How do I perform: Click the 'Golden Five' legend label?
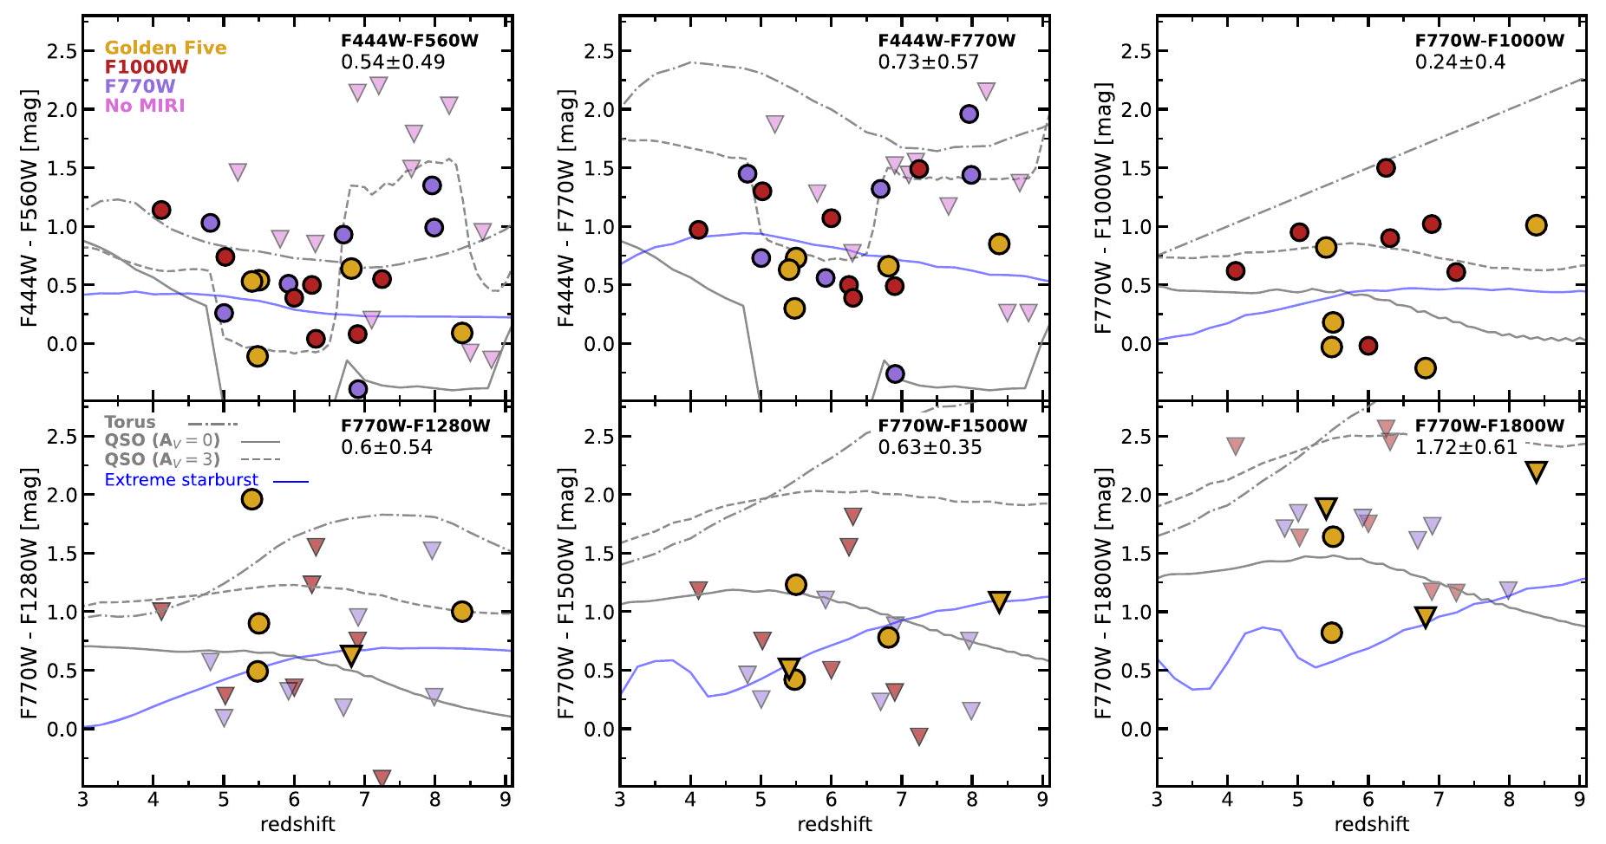click(166, 49)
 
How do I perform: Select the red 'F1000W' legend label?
click(147, 67)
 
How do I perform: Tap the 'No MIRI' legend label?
click(145, 106)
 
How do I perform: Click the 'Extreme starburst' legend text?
click(181, 479)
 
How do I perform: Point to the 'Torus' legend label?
click(130, 422)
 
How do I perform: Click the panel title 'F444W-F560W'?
click(409, 41)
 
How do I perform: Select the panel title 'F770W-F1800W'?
click(1489, 425)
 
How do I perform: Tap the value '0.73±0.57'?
click(928, 62)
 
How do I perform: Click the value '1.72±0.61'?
click(1466, 447)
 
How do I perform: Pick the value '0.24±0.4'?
click(1460, 62)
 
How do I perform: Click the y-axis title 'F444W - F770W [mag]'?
click(566, 206)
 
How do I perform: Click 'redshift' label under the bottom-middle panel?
click(834, 824)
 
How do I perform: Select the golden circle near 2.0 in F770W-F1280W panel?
click(251, 499)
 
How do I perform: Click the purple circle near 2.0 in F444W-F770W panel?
click(969, 114)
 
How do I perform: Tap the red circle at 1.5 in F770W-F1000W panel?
click(1386, 168)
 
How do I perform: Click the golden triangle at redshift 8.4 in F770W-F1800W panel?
click(1536, 472)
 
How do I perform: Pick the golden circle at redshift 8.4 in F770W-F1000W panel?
click(1536, 225)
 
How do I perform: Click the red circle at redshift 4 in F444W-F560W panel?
click(161, 210)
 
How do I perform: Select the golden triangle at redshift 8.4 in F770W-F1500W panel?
click(999, 601)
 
